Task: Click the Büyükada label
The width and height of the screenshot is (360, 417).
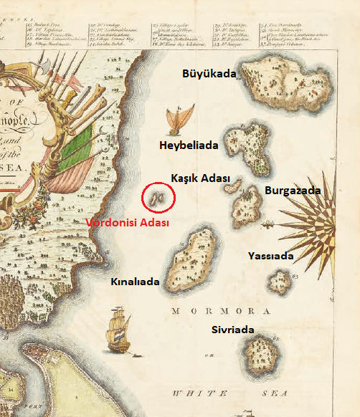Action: (x=209, y=73)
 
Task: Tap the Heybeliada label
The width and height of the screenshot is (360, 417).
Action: (x=188, y=145)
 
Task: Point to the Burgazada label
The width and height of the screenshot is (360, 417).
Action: (x=293, y=191)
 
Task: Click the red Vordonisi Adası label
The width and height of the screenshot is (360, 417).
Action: (x=127, y=223)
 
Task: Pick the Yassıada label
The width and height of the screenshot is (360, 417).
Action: (x=272, y=255)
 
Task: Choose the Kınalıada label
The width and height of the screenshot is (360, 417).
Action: (x=135, y=282)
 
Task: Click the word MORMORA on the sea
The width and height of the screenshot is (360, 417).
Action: (x=220, y=312)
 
